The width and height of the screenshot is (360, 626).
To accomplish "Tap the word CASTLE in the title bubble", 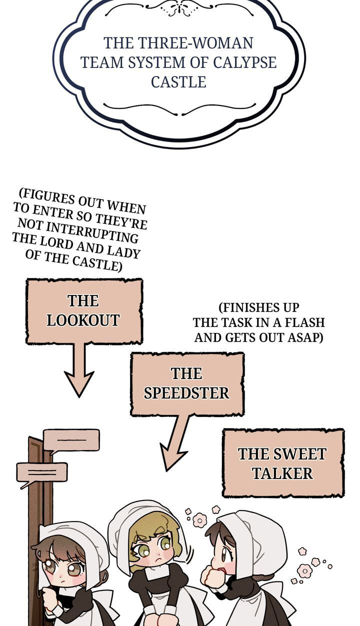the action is (x=179, y=82).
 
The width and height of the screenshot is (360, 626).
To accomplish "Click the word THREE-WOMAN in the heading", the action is (x=195, y=43).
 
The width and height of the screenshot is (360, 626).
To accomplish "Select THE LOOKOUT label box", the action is (x=84, y=311).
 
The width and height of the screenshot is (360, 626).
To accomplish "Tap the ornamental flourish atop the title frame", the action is (x=179, y=8).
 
